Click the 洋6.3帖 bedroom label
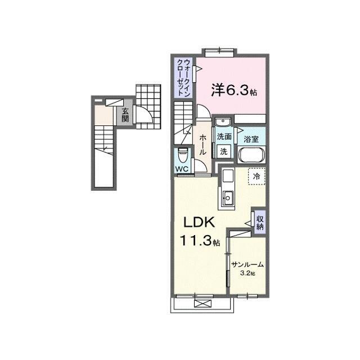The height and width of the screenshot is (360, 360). coord(234,90)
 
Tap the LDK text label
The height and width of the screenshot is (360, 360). coord(199,222)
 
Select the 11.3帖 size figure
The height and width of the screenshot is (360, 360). coord(200,240)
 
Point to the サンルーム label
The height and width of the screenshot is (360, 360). coord(247,265)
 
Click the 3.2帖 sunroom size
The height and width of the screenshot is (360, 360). coord(247,273)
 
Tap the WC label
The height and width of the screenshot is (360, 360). coord(182,169)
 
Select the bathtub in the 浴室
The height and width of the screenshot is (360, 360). coord(251,155)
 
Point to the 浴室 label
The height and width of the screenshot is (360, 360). coord(251,139)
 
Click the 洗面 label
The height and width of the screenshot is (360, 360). coord(224,137)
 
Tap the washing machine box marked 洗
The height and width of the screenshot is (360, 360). coord(224,151)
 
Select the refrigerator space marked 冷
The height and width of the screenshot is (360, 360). coord(256,176)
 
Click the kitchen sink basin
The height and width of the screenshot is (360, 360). coord(227,197)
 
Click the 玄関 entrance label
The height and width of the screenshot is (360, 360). coord(125,115)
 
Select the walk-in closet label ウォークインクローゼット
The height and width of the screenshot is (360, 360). coord(184,78)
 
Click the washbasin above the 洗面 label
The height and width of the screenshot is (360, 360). coord(223,121)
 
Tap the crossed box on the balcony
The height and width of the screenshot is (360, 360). coord(202,304)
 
